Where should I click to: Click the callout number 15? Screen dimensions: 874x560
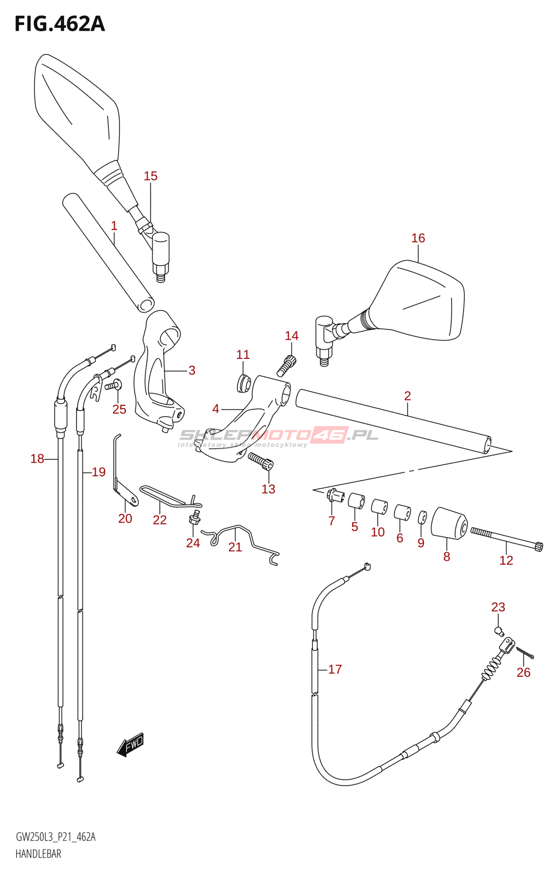click(x=150, y=176)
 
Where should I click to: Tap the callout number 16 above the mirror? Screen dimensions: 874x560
click(x=418, y=238)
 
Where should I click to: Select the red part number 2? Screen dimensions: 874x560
click(x=407, y=396)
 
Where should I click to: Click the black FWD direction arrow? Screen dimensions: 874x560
click(x=130, y=745)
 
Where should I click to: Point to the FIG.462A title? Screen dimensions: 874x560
click(x=59, y=24)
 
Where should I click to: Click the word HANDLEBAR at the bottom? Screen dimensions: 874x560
click(x=38, y=854)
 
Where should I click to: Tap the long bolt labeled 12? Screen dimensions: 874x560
click(x=506, y=538)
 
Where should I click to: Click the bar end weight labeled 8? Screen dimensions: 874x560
click(x=449, y=523)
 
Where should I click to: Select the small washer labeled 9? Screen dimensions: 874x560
click(x=422, y=517)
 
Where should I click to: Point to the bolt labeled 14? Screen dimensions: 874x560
click(x=287, y=365)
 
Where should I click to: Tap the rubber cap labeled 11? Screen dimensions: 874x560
click(x=243, y=383)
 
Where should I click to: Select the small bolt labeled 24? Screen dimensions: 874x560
click(x=194, y=517)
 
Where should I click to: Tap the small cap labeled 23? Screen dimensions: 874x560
click(x=498, y=631)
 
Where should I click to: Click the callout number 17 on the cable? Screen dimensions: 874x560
click(x=335, y=669)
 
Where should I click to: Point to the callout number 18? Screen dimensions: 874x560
click(x=37, y=459)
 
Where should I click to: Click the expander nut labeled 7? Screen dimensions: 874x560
click(x=335, y=497)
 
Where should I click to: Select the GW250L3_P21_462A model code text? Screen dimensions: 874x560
click(x=55, y=837)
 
